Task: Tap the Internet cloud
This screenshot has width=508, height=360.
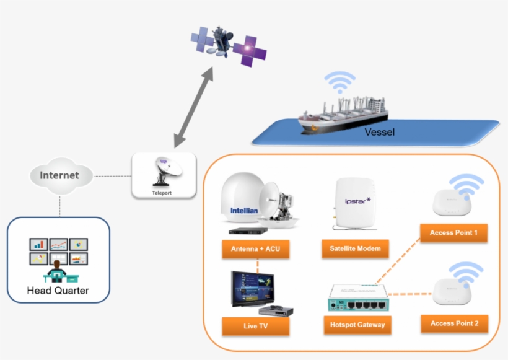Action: (x=59, y=175)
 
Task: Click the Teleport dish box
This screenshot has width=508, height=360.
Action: (x=164, y=175)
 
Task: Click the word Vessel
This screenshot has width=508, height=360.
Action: (x=379, y=132)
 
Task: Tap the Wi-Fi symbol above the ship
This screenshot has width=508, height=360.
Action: (x=341, y=82)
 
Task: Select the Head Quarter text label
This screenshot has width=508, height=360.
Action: (x=58, y=290)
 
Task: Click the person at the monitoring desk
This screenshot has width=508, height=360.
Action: (x=58, y=271)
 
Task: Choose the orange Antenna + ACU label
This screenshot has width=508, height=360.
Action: (x=256, y=249)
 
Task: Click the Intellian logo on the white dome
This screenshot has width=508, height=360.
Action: (x=243, y=210)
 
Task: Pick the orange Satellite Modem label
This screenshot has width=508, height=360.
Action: (x=355, y=249)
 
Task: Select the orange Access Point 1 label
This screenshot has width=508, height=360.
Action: (x=453, y=233)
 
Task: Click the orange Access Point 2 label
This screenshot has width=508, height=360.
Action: (x=453, y=323)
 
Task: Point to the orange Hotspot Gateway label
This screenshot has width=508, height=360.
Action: (x=357, y=324)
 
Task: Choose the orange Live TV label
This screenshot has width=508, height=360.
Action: (x=256, y=325)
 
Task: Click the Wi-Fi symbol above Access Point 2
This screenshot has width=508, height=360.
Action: (x=465, y=273)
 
